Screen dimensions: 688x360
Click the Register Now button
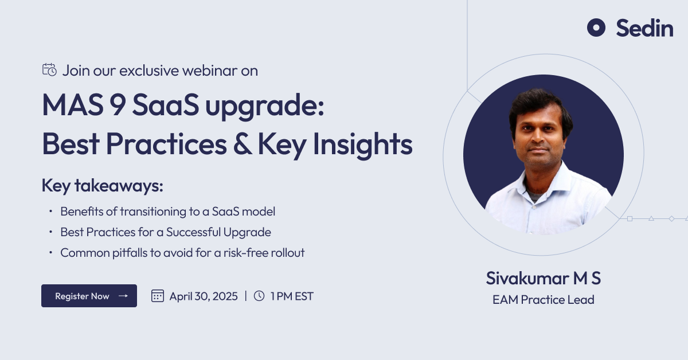pos(89,296)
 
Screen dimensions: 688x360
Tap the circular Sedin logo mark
pos(596,28)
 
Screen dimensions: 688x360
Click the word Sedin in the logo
pos(644,28)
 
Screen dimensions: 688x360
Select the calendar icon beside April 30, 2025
pos(158,296)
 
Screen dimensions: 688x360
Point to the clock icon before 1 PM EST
pos(259,296)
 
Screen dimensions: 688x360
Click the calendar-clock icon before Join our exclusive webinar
pos(49,70)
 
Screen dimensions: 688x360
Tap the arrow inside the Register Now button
pos(123,296)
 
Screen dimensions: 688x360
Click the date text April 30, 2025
pos(204,296)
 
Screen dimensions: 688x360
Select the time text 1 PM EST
pos(292,296)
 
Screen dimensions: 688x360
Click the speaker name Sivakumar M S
pos(543,278)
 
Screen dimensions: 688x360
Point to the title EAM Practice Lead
pos(544,299)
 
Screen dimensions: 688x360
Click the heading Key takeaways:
pos(102,186)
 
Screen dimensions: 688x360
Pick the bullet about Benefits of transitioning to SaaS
pos(167,212)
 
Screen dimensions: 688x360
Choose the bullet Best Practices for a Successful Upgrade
pos(166,232)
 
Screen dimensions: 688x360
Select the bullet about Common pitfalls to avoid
pos(182,253)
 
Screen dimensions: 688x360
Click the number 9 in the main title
pos(118,104)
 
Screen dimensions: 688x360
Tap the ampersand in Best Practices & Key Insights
pos(243,144)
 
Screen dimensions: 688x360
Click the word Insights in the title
pos(363,144)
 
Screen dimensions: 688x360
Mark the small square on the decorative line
pos(630,219)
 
